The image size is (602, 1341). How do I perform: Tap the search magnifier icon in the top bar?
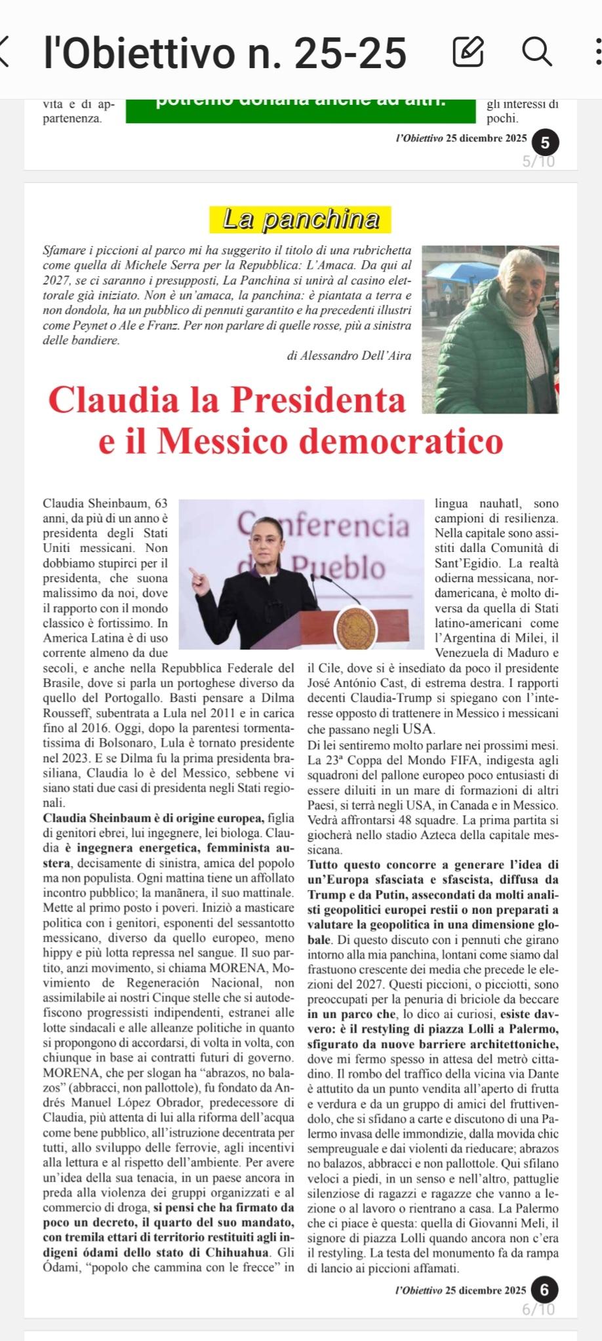click(x=536, y=51)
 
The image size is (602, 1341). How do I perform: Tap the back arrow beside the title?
click(x=5, y=51)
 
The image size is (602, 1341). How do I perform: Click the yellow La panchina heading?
click(x=300, y=220)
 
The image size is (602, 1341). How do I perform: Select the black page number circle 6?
click(x=544, y=1290)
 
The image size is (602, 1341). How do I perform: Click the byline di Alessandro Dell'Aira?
click(x=349, y=356)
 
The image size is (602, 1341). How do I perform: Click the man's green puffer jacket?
click(x=498, y=367)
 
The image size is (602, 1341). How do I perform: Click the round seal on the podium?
click(x=356, y=626)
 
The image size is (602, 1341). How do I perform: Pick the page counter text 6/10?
click(x=538, y=1310)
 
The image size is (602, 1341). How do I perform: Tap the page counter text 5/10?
click(x=538, y=161)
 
